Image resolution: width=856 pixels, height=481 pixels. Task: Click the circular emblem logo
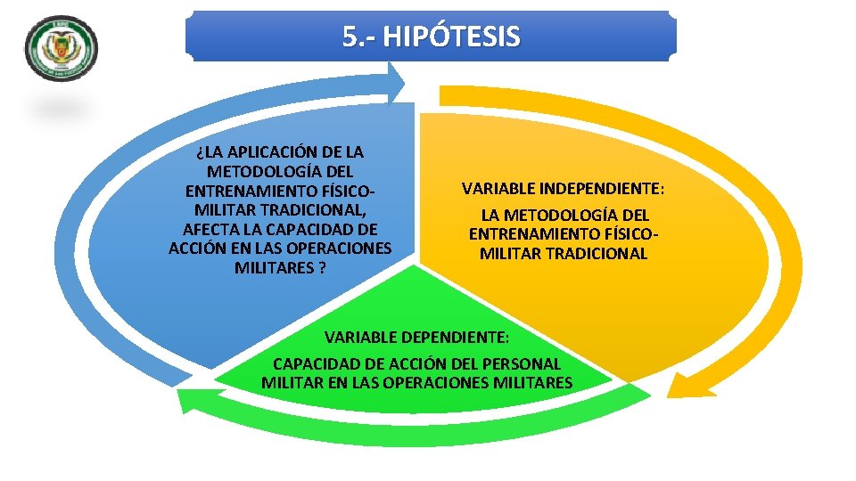[62, 50]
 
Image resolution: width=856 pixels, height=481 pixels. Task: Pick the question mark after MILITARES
[320, 267]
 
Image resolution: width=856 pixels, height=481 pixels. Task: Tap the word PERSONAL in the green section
[525, 363]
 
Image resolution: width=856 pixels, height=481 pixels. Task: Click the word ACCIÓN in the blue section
[196, 249]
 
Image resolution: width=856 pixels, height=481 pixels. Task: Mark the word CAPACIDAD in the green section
[312, 363]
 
